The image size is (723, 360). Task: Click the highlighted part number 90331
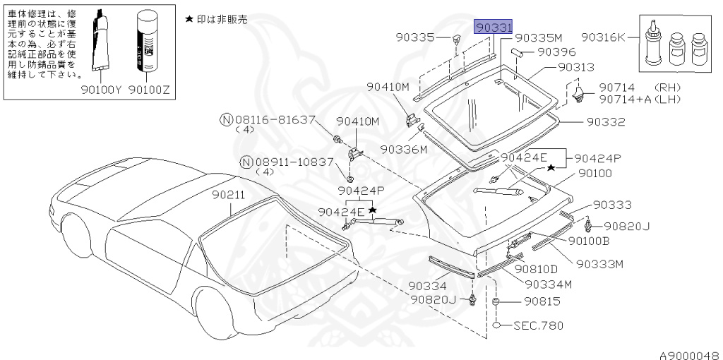(x=493, y=27)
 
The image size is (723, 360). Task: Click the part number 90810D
(x=536, y=268)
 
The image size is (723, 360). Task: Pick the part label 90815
(x=541, y=301)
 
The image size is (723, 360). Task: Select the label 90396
(x=556, y=52)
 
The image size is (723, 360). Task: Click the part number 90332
(x=606, y=121)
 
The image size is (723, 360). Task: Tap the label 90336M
(x=403, y=150)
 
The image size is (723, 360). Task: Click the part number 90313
(x=576, y=67)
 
